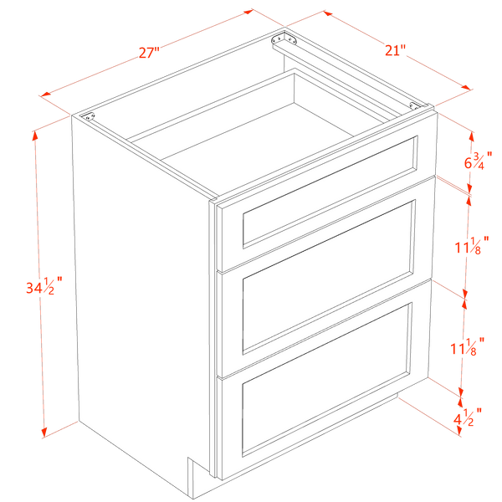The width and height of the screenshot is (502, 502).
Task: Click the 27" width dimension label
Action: [149, 52]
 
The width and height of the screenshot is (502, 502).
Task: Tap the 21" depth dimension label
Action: [395, 50]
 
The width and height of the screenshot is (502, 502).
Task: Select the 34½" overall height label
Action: [44, 285]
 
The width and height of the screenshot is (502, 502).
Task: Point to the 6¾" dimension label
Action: [479, 161]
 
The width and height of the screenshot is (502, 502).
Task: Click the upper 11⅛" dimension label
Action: [472, 245]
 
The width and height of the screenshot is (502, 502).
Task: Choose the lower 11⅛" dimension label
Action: [468, 346]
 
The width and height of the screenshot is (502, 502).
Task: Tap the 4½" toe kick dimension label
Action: [468, 417]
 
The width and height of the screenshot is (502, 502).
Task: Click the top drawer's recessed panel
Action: [330, 192]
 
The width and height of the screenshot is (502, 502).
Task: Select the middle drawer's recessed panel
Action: [329, 277]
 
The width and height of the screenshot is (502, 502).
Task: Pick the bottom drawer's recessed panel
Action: [326, 379]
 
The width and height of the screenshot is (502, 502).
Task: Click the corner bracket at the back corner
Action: [284, 39]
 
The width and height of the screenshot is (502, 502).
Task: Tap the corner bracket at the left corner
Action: [89, 116]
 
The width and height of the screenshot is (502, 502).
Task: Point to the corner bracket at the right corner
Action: [415, 105]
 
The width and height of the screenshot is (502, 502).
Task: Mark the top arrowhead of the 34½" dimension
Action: [35, 136]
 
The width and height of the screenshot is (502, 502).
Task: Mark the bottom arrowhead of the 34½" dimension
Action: [44, 433]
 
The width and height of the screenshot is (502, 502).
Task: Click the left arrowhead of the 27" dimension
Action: [45, 94]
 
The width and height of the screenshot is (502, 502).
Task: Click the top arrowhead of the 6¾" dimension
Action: [471, 136]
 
